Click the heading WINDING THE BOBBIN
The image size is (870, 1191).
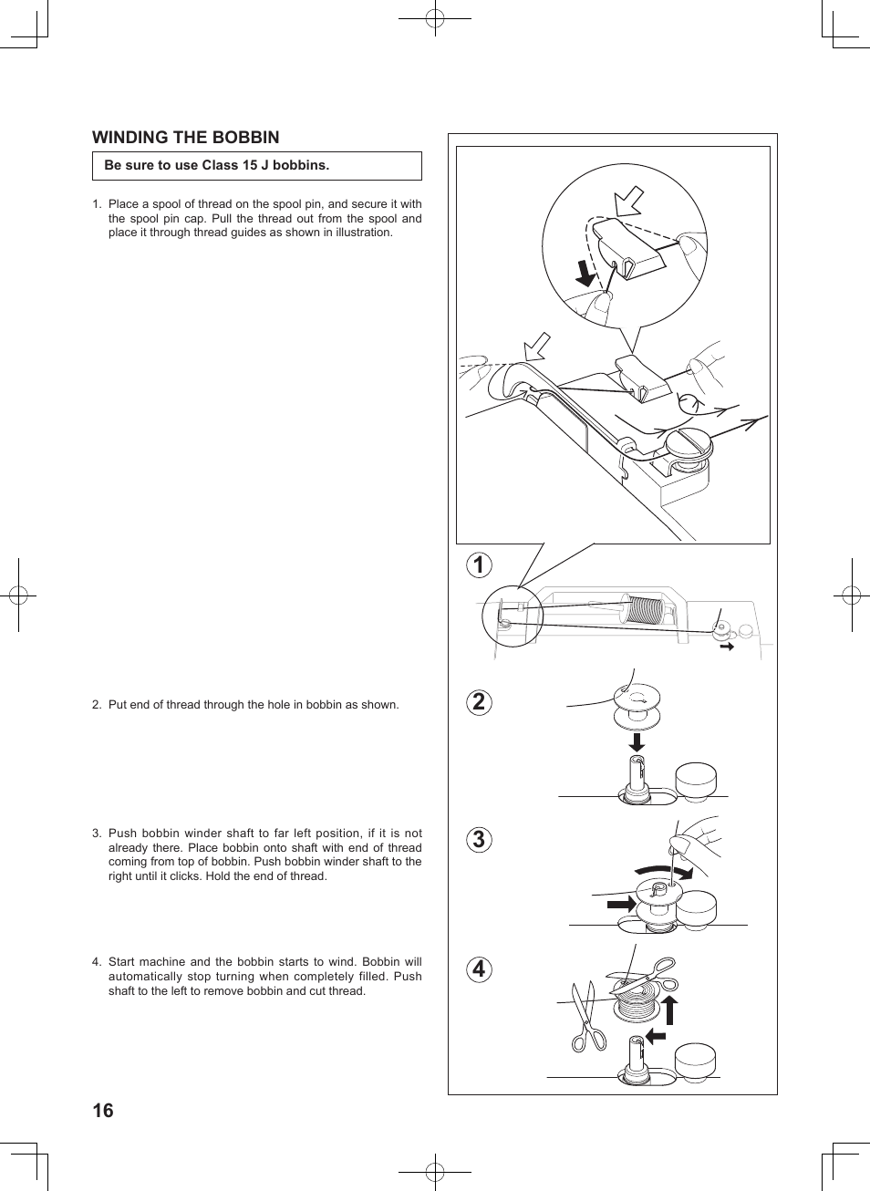click(185, 138)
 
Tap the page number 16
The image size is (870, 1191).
click(103, 1110)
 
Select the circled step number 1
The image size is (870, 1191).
click(479, 564)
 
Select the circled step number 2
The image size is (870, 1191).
click(479, 702)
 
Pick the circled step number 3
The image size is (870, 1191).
click(479, 840)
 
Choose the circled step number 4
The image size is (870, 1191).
click(479, 968)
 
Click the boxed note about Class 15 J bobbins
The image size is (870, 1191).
click(256, 166)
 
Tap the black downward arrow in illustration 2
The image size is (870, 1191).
click(637, 741)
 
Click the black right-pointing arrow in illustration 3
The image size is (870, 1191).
click(622, 904)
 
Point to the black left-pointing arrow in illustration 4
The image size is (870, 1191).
click(655, 1035)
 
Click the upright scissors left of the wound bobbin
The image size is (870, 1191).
click(586, 1017)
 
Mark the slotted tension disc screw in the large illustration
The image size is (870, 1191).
click(688, 444)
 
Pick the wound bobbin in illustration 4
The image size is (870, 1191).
click(637, 1000)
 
